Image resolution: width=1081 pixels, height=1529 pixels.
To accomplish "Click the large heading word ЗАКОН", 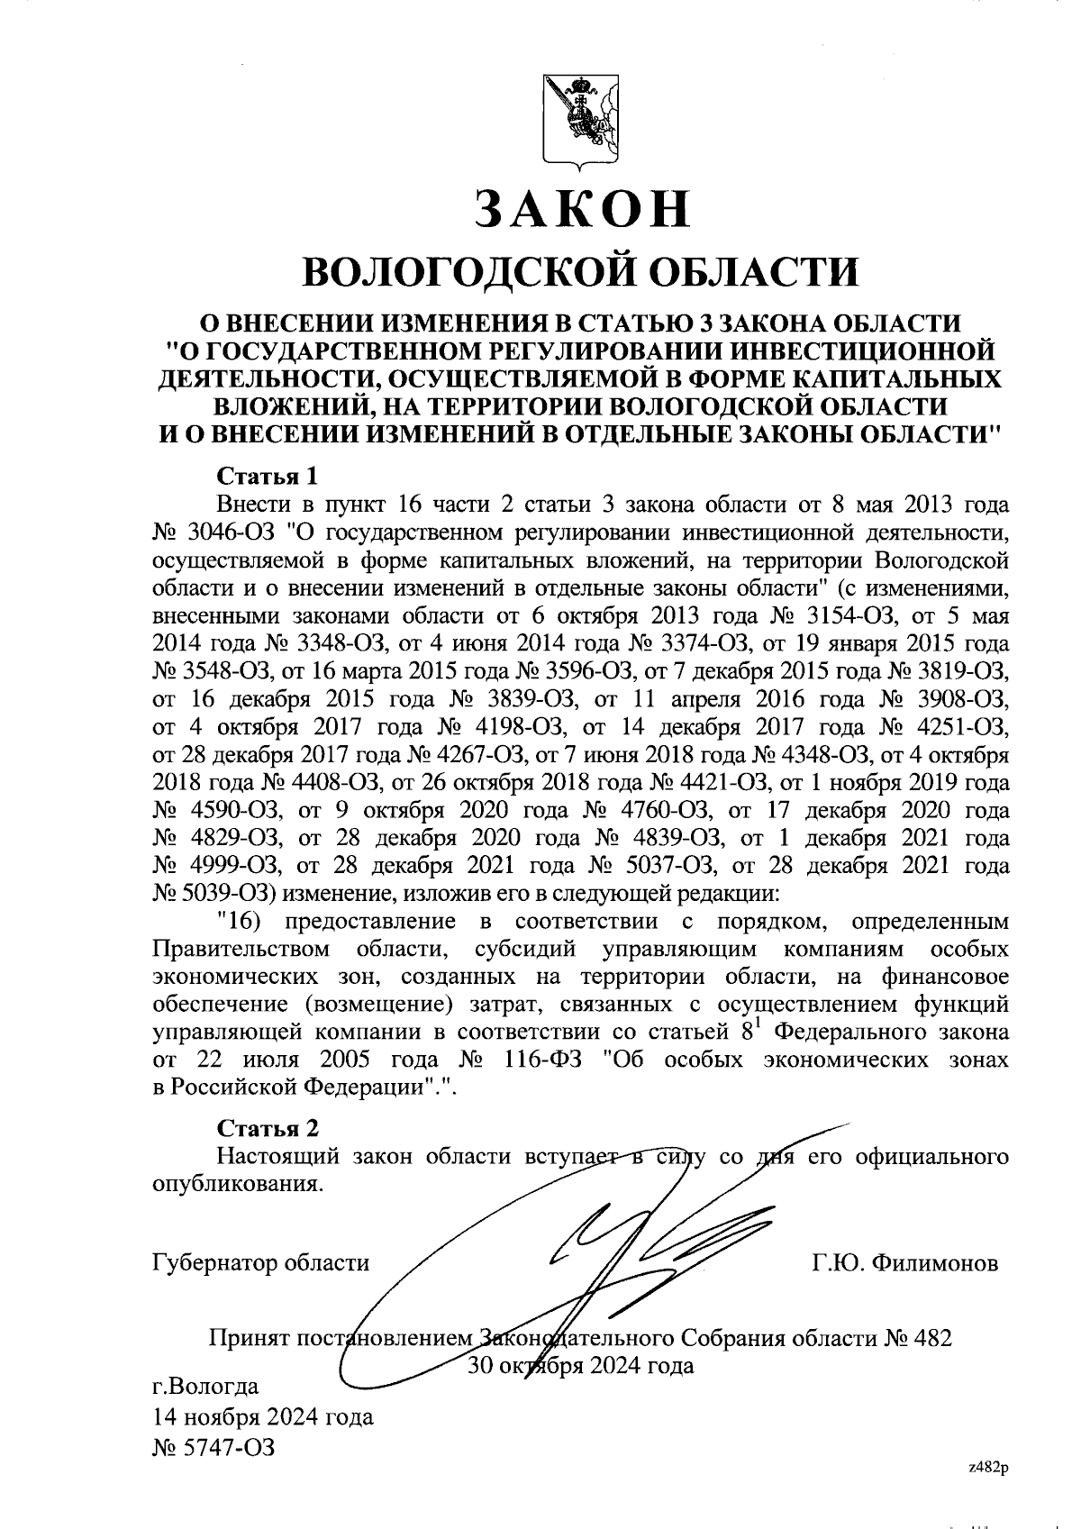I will tap(582, 209).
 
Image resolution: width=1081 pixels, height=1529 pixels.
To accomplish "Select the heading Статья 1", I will tap(268, 476).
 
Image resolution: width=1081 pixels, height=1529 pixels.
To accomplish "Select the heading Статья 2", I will tap(268, 1129).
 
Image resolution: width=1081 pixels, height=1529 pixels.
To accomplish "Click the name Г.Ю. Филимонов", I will tap(904, 1263).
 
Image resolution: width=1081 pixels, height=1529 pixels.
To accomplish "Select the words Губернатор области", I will tap(261, 1263).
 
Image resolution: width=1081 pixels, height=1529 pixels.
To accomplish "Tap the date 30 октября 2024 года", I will tap(581, 1365).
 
